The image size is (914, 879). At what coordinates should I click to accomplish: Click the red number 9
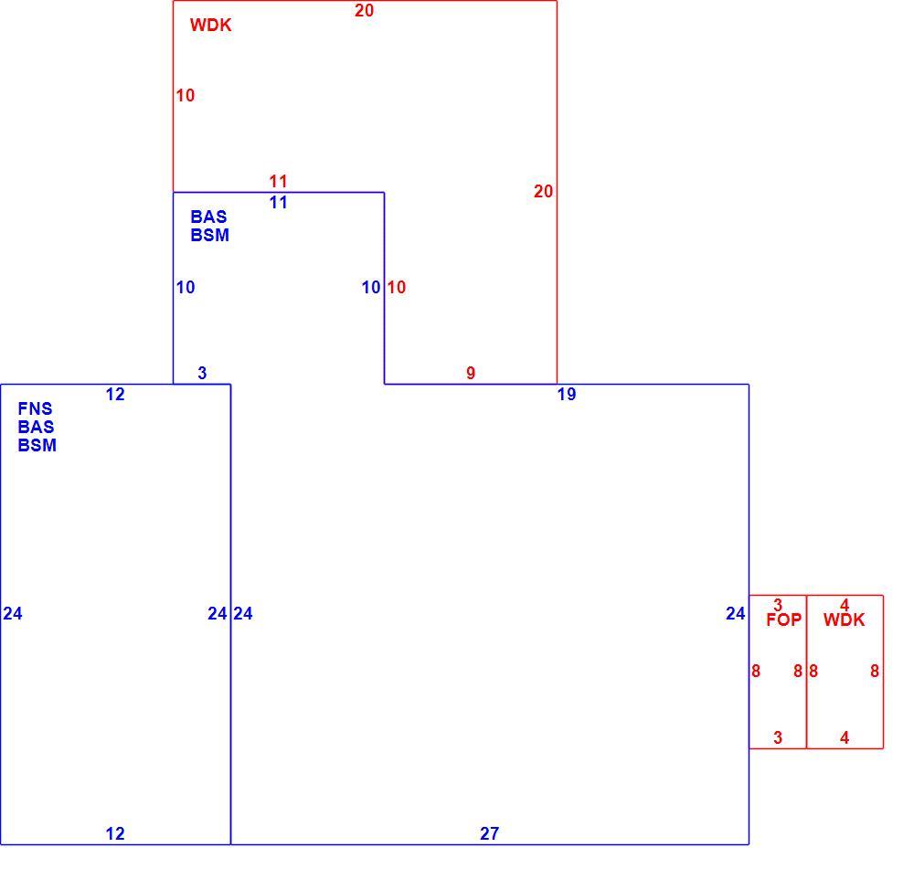pyautogui.click(x=471, y=373)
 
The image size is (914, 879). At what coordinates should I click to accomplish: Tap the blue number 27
pyautogui.click(x=490, y=833)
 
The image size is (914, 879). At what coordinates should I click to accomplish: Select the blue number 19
pyautogui.click(x=567, y=395)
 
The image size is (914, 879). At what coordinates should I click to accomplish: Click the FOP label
pyautogui.click(x=783, y=620)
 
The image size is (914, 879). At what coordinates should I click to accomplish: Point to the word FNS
pyautogui.click(x=35, y=408)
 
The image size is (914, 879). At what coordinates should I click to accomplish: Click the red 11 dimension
pyautogui.click(x=278, y=181)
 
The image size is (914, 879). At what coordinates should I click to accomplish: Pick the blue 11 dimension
pyautogui.click(x=278, y=203)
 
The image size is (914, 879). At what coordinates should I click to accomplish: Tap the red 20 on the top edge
pyautogui.click(x=365, y=10)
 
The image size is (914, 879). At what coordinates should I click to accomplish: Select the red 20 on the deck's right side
pyautogui.click(x=543, y=191)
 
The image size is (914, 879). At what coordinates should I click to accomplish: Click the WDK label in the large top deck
pyautogui.click(x=210, y=25)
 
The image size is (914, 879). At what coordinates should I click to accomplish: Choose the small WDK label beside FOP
pyautogui.click(x=844, y=620)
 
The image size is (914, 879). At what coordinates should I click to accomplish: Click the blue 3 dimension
pyautogui.click(x=202, y=373)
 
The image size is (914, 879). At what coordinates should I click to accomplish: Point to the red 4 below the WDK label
pyautogui.click(x=844, y=738)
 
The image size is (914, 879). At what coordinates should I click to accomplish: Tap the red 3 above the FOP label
pyautogui.click(x=778, y=605)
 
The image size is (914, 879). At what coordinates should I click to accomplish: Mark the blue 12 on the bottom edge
pyautogui.click(x=115, y=833)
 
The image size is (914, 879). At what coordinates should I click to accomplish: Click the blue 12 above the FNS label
pyautogui.click(x=115, y=395)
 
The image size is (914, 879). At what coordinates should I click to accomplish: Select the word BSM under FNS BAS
pyautogui.click(x=37, y=445)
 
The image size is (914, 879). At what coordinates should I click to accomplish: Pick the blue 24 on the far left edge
pyautogui.click(x=13, y=613)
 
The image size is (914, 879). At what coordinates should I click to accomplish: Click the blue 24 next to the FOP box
pyautogui.click(x=736, y=613)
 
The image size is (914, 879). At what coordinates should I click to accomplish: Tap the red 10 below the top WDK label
pyautogui.click(x=186, y=95)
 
